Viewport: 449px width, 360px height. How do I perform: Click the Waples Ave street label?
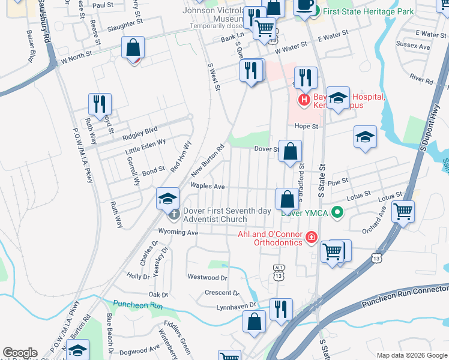tap(207, 187)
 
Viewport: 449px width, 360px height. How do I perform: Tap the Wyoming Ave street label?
tap(178, 232)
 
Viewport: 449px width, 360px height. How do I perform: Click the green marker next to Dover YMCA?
tap(338, 211)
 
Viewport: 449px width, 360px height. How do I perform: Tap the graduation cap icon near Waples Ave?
tap(168, 199)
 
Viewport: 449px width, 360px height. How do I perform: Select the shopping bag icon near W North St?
tap(133, 47)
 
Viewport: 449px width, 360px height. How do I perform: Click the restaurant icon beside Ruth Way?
tap(100, 104)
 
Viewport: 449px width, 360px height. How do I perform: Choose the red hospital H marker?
tap(304, 99)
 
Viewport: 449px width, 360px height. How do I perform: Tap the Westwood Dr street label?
tap(208, 277)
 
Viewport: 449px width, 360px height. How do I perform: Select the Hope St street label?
tap(306, 127)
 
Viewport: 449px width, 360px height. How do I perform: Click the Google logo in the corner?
tap(20, 353)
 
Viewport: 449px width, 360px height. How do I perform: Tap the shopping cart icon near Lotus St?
tap(402, 211)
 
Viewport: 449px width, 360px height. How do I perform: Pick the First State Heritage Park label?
tap(369, 11)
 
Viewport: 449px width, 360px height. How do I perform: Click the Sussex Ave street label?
tap(417, 46)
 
